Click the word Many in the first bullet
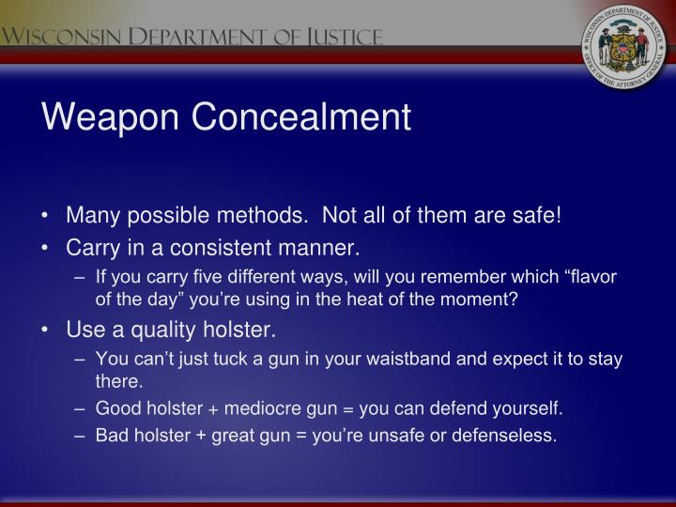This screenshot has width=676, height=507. [x=87, y=218]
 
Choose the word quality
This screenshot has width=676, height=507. [x=157, y=330]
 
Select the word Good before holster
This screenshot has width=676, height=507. [x=115, y=407]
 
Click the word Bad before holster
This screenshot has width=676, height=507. [x=112, y=435]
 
